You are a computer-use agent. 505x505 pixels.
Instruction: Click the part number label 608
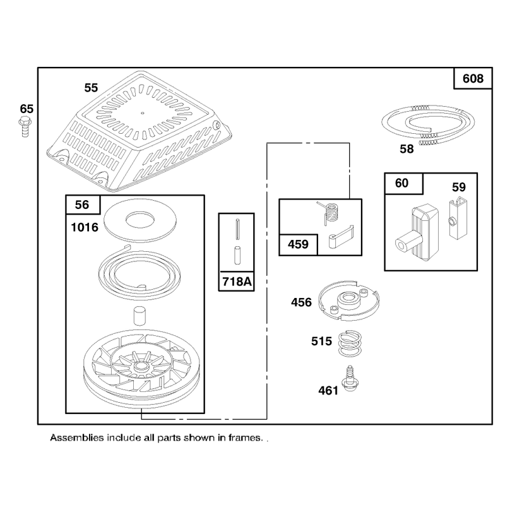[x=473, y=78]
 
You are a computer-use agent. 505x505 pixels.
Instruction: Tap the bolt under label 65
[x=25, y=127]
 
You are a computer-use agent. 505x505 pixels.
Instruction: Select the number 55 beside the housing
[x=91, y=88]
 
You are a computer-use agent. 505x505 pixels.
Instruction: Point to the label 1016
[x=85, y=227]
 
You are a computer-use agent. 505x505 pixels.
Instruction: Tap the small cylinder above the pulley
[x=140, y=316]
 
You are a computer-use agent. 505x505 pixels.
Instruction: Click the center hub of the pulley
[x=140, y=366]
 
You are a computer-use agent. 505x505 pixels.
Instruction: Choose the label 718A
[x=237, y=282]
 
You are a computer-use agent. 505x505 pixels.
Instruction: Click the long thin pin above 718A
[x=238, y=229]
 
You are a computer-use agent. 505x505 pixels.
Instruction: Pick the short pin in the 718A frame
[x=237, y=255]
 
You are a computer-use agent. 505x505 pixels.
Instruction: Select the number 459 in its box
[x=298, y=244]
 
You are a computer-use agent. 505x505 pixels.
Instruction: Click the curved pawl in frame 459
[x=341, y=237]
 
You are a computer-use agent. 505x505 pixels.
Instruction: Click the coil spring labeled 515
[x=350, y=343]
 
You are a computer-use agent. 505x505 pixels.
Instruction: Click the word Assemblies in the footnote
[x=77, y=438]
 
